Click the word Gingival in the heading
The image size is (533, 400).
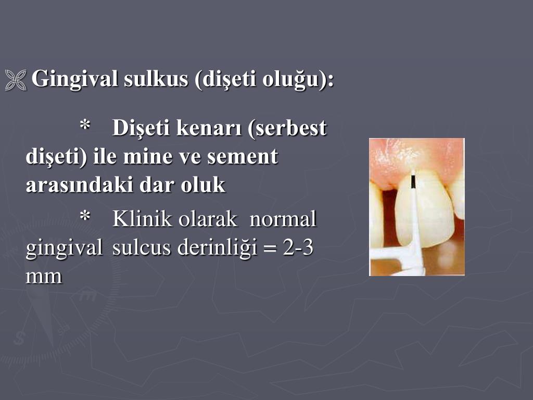pyautogui.click(x=75, y=80)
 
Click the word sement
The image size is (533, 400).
pyautogui.click(x=243, y=157)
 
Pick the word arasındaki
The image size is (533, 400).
pyautogui.click(x=80, y=185)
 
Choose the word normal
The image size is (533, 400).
pyautogui.click(x=283, y=220)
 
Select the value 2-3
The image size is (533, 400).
pyautogui.click(x=298, y=248)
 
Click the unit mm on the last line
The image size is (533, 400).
pyautogui.click(x=44, y=277)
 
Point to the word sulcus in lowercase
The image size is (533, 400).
pyautogui.click(x=141, y=248)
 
